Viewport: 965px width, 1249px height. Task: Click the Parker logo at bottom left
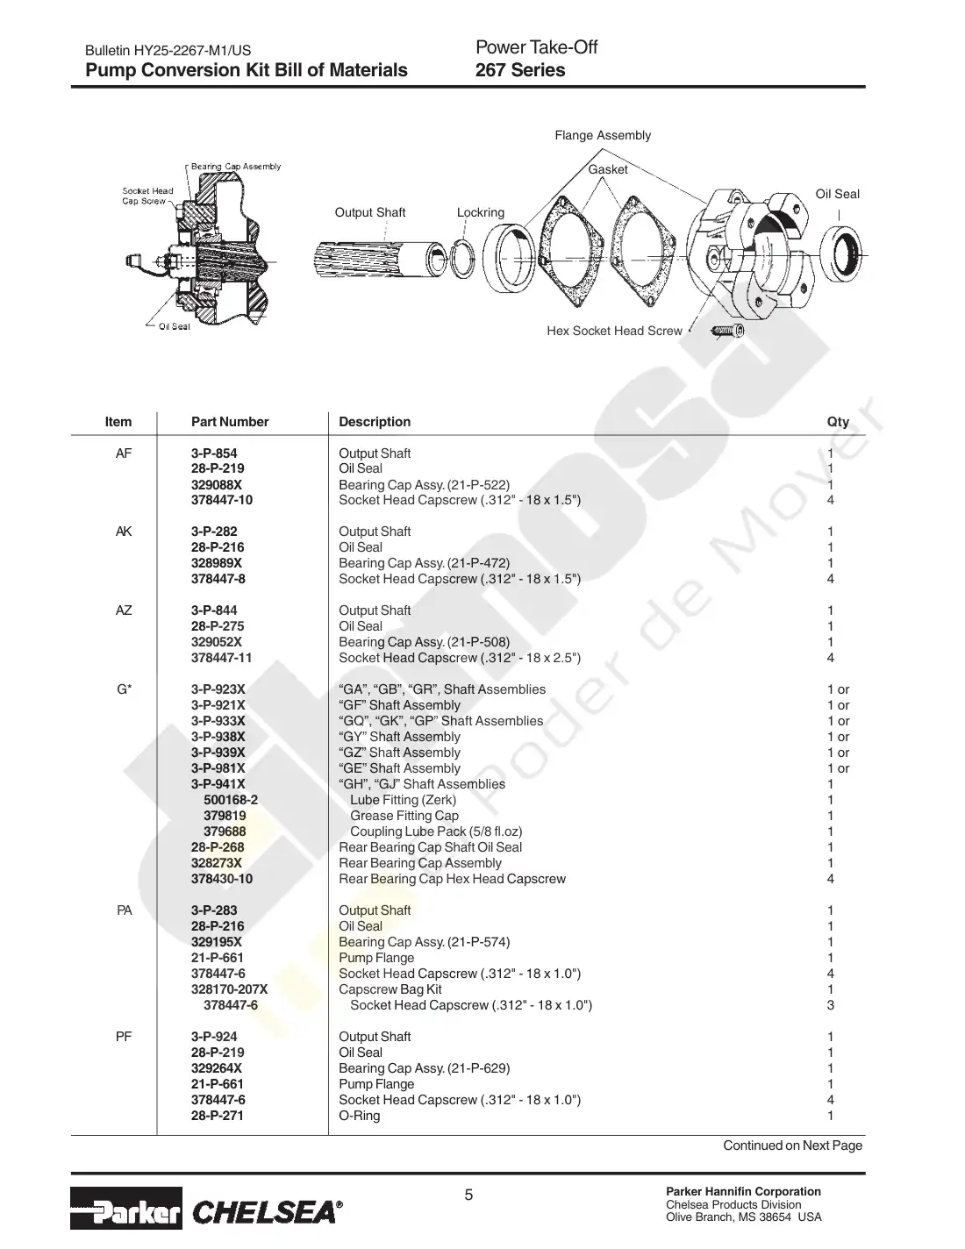click(x=125, y=1208)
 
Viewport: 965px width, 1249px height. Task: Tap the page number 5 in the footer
click(x=468, y=1195)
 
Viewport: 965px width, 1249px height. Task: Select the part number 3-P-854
click(x=214, y=453)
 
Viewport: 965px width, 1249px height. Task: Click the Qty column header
click(x=838, y=421)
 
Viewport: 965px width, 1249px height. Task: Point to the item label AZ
click(x=124, y=610)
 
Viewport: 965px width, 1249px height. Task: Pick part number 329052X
click(x=216, y=641)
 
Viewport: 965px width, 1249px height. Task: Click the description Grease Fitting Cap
click(x=404, y=815)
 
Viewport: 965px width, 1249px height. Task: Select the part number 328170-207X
click(x=229, y=988)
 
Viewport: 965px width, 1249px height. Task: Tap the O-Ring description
click(x=359, y=1115)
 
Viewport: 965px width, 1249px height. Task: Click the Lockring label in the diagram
click(x=481, y=212)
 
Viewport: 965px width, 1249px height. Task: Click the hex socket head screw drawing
click(x=727, y=331)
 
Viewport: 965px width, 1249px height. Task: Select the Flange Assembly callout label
click(x=603, y=135)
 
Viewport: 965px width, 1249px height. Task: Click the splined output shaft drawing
click(x=379, y=258)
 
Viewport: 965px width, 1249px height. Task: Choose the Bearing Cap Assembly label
click(x=236, y=166)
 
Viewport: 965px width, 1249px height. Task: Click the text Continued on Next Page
click(x=792, y=1145)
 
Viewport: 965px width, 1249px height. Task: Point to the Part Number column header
click(x=230, y=421)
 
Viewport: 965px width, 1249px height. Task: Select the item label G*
click(x=125, y=689)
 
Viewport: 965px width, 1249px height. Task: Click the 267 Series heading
click(x=520, y=69)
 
